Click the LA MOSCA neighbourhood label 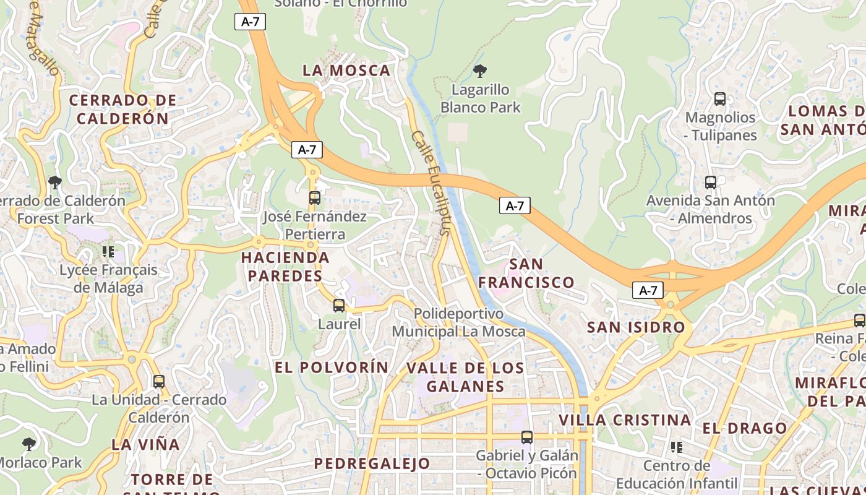346,71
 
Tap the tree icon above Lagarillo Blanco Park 479,71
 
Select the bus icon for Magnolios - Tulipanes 720,99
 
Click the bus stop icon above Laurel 339,305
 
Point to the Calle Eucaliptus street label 431,183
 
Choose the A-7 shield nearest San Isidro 648,290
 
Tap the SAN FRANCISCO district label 526,273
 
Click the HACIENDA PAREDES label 285,267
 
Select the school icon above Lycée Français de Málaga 108,252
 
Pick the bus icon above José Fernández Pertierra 315,198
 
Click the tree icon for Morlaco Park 28,444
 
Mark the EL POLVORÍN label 332,368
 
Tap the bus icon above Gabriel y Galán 527,437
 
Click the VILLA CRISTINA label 625,420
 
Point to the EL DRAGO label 744,428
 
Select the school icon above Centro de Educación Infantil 677,447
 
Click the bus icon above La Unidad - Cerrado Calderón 159,382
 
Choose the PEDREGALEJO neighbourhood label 372,463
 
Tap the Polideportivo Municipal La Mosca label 459,322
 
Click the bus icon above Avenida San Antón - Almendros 711,183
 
